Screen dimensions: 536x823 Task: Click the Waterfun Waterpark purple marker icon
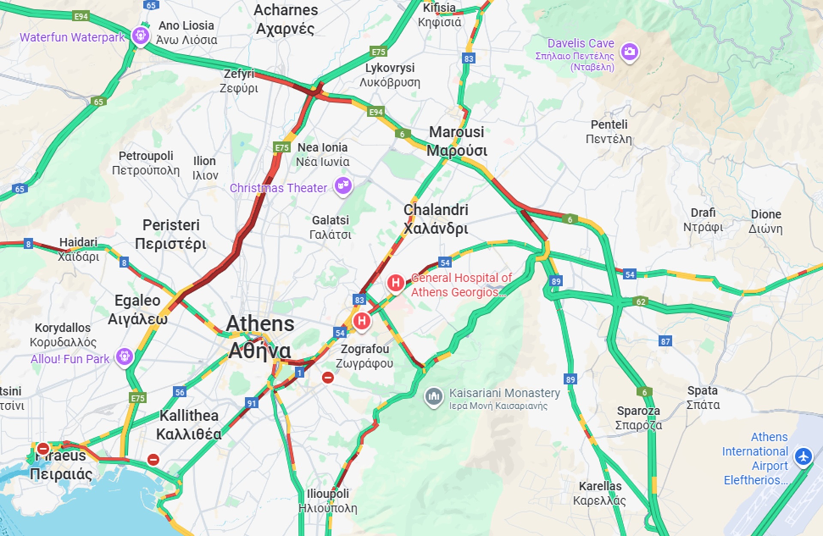point(141,35)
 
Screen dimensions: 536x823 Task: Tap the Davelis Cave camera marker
point(629,52)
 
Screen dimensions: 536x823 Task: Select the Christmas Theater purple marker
point(343,186)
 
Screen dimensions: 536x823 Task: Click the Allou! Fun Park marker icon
point(124,356)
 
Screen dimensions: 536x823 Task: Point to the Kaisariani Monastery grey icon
point(433,396)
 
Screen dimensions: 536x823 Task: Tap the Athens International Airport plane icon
point(803,456)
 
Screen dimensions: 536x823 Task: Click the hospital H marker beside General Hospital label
point(395,283)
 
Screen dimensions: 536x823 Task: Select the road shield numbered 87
point(665,341)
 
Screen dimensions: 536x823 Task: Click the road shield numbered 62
point(640,302)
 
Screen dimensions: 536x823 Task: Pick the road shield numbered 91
point(252,403)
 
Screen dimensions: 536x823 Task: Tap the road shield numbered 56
point(180,392)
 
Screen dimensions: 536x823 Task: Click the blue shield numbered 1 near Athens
point(300,373)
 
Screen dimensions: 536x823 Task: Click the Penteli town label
point(609,132)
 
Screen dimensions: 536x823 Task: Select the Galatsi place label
point(330,227)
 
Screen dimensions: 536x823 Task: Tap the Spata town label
point(703,397)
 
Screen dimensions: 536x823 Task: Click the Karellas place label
point(600,493)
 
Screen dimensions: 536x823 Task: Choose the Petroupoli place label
point(146,163)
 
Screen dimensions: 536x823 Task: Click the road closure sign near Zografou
point(328,377)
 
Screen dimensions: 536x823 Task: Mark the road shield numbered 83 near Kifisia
point(469,59)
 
